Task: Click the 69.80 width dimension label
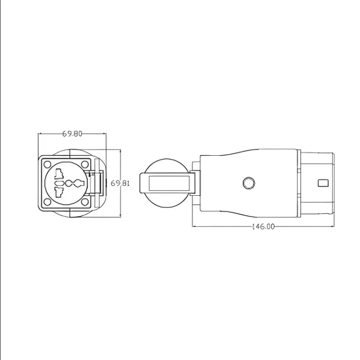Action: tap(72, 134)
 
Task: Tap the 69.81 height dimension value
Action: tap(120, 183)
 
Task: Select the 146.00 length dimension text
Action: tap(262, 226)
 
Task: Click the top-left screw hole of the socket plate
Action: tap(47, 164)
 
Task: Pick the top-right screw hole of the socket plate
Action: tap(85, 164)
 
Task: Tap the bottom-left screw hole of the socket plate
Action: tap(47, 202)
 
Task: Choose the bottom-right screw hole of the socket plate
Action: tap(85, 202)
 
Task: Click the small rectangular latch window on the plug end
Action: tap(323, 183)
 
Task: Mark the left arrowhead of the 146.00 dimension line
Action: tap(195, 226)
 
